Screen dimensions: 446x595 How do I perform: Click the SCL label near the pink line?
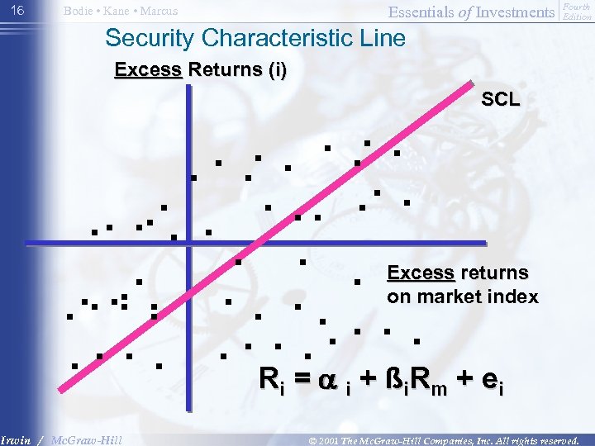click(x=501, y=100)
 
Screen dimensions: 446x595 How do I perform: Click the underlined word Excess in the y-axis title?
click(x=149, y=70)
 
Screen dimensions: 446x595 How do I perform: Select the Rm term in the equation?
click(x=429, y=380)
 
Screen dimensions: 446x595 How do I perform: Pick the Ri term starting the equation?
click(x=271, y=380)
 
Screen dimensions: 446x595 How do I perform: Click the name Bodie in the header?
click(x=79, y=12)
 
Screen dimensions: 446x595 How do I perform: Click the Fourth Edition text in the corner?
click(x=577, y=12)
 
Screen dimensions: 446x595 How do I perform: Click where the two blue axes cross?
click(x=188, y=243)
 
